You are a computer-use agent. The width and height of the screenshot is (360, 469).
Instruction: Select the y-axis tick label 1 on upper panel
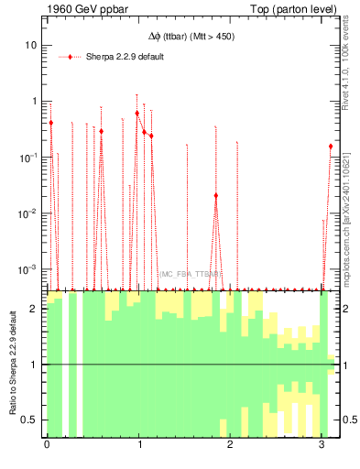34,102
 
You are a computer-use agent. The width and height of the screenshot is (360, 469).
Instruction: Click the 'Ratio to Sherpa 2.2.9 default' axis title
13,364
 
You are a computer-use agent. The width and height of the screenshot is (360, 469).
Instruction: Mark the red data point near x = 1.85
216,195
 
